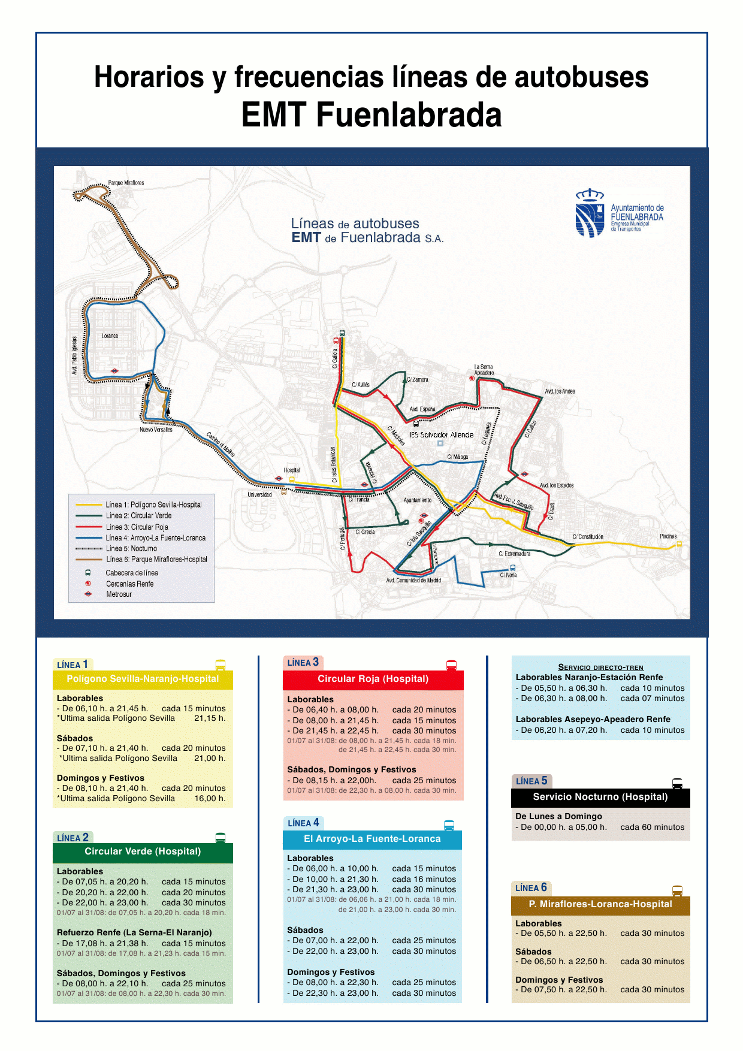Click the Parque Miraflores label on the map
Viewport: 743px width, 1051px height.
tap(126, 183)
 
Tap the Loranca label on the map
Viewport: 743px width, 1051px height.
tap(110, 336)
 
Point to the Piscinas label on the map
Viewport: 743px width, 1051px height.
tap(668, 536)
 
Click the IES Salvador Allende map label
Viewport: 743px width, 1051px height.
tap(442, 435)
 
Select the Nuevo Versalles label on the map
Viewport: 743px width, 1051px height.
tap(156, 430)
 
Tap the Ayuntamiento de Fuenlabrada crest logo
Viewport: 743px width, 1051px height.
tap(590, 214)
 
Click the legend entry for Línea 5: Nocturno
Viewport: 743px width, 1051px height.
tap(131, 548)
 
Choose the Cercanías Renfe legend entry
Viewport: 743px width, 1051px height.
tap(129, 584)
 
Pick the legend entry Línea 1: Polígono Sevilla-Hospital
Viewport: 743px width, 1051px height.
tap(153, 505)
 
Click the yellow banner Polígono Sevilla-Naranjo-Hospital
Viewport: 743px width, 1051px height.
tap(143, 679)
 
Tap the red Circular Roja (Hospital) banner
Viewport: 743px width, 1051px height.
tap(373, 679)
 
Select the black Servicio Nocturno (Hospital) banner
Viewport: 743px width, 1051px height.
tap(600, 797)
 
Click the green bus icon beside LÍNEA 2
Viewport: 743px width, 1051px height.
tap(221, 838)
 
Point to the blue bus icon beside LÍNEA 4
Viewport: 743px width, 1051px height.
tap(449, 825)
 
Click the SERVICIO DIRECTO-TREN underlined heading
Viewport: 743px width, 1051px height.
tap(600, 667)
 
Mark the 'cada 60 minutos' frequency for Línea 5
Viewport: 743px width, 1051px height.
tap(652, 827)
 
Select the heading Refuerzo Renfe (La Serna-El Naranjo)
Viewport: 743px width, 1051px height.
tap(134, 932)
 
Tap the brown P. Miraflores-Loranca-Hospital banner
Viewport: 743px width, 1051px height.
tap(600, 904)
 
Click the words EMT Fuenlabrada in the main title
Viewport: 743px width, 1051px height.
tap(371, 115)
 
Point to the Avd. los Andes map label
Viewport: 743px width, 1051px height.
tap(560, 391)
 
